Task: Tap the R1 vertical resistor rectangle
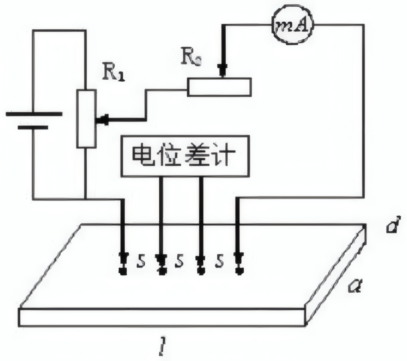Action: (x=86, y=118)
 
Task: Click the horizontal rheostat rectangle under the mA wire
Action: (x=219, y=87)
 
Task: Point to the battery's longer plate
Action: (x=34, y=114)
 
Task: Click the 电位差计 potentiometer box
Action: (x=185, y=156)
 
